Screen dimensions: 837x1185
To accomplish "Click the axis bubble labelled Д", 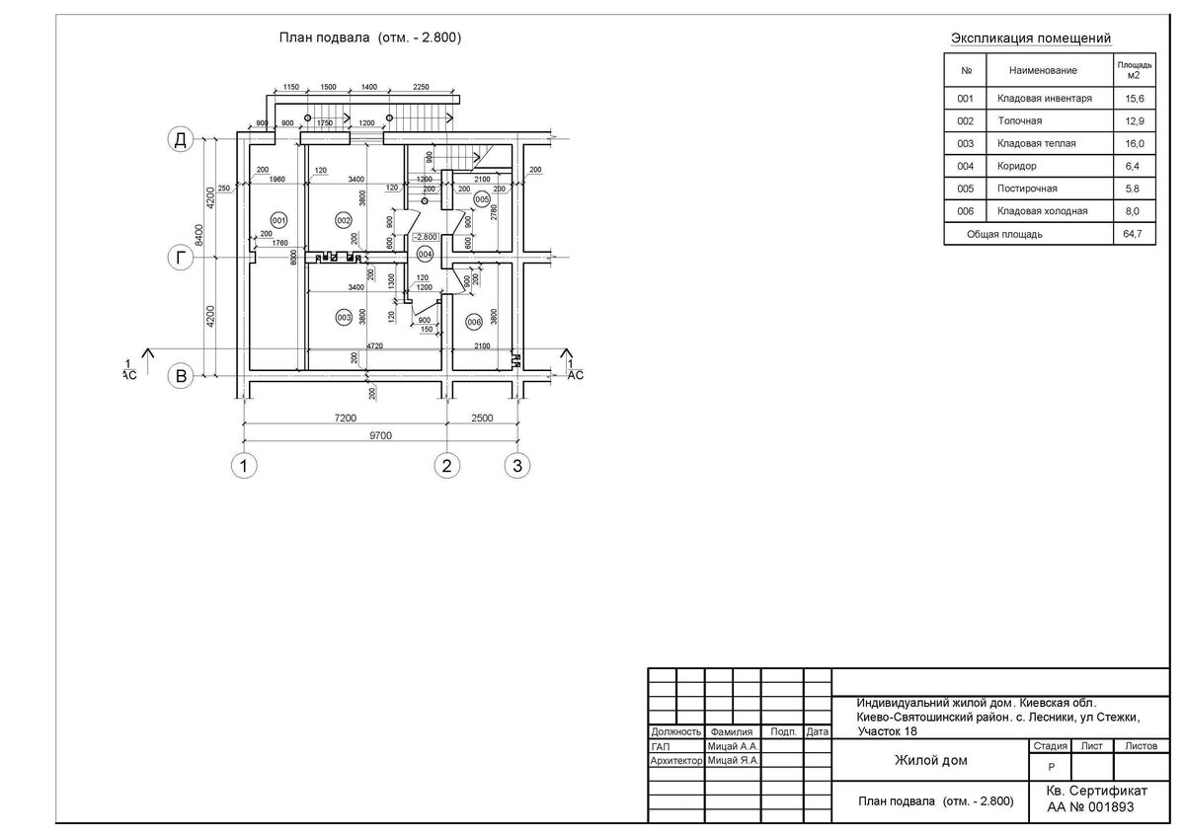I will tap(180, 140).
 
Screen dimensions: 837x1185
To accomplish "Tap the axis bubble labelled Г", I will tap(180, 258).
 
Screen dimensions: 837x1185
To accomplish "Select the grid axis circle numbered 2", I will tap(446, 465).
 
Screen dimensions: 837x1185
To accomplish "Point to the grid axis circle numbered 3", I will tap(515, 465).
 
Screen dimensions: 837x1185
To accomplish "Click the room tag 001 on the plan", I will tap(277, 219).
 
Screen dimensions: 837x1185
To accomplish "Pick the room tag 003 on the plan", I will tap(344, 318).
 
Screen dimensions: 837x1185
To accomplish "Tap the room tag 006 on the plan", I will tap(473, 322).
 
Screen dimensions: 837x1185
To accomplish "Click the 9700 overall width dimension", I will tap(380, 436).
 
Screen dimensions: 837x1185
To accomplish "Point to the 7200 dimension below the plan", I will tap(344, 418).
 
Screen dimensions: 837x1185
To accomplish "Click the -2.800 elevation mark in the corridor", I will tap(426, 238).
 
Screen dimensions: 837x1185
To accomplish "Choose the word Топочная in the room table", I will tap(1019, 121).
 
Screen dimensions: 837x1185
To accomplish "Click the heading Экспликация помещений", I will tap(1030, 38).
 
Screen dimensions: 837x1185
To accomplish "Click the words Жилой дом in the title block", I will tap(930, 760).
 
